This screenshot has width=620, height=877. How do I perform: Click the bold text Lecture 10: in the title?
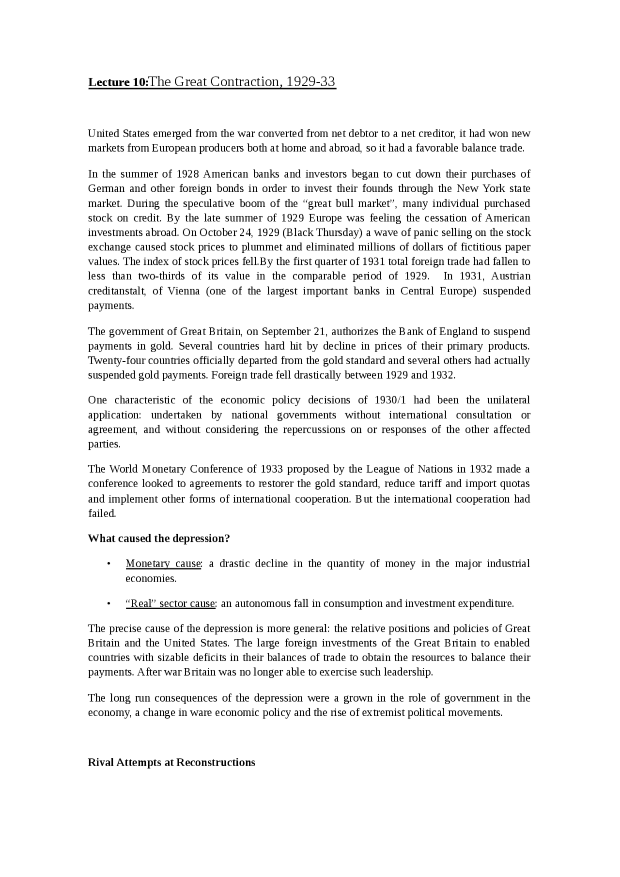[118, 82]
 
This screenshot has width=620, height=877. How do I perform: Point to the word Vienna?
[184, 291]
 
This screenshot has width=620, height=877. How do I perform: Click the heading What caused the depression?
[159, 539]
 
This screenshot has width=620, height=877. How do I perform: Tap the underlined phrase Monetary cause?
[163, 564]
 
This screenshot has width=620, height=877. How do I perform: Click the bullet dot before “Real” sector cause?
[109, 604]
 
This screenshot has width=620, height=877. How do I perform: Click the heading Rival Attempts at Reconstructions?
[171, 762]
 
